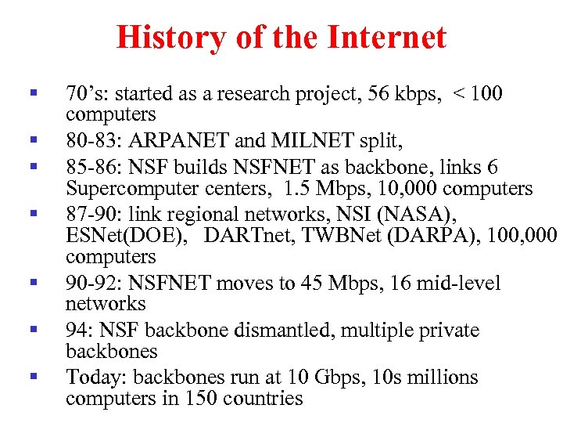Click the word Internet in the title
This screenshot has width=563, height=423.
pos(389,37)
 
